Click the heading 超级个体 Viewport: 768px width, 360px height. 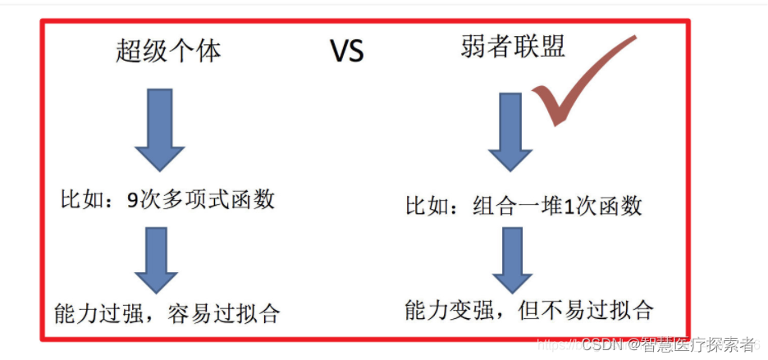(x=167, y=52)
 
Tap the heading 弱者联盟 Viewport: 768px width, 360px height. (x=513, y=48)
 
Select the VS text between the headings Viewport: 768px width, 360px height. (x=346, y=52)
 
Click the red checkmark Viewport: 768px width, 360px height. (x=583, y=86)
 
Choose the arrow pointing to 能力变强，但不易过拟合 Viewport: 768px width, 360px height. (x=512, y=258)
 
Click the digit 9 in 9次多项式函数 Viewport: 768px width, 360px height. (x=133, y=200)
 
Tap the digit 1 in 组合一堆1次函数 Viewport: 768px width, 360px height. (x=567, y=206)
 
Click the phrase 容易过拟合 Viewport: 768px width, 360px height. (x=231, y=313)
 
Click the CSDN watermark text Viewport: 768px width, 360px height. (x=601, y=343)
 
